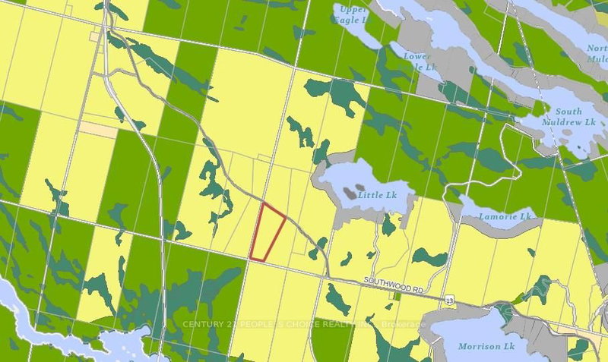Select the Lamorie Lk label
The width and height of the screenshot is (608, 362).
click(504, 217)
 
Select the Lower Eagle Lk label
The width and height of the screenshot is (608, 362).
click(417, 61)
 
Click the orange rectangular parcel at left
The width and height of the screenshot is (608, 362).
click(98, 130)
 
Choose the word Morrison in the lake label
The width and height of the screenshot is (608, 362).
click(476, 346)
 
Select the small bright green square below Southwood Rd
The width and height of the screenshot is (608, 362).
click(396, 295)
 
